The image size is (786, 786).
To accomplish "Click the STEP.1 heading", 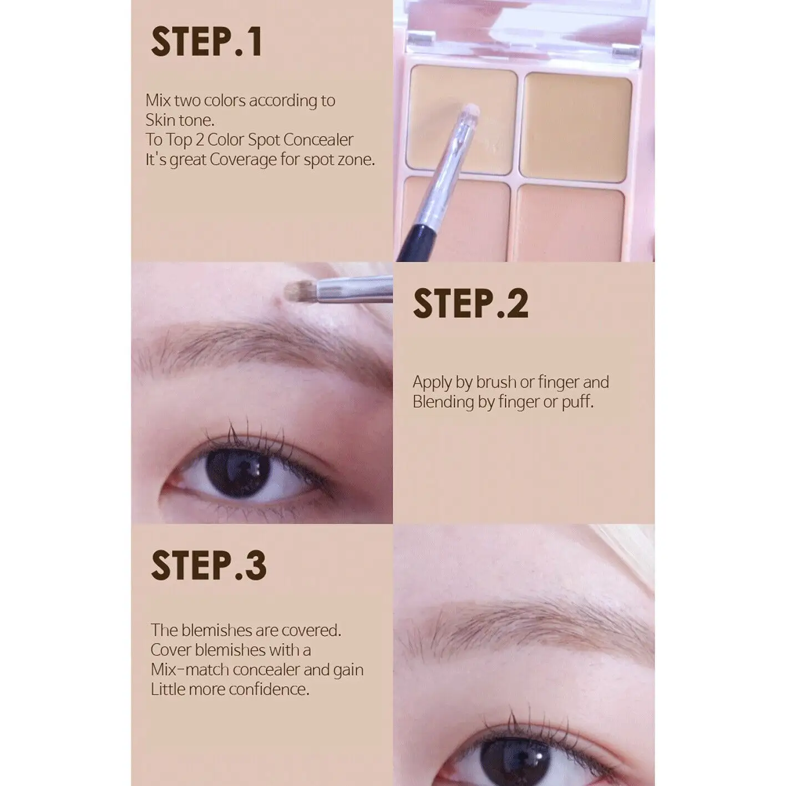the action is (x=206, y=42).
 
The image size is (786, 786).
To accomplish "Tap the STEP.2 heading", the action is (x=471, y=304).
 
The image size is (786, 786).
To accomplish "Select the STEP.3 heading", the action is (x=209, y=565).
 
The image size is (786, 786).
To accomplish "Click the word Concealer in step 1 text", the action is (x=318, y=140).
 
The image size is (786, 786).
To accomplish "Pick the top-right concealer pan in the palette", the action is (x=576, y=127).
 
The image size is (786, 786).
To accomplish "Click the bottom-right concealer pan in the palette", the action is (x=569, y=222).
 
